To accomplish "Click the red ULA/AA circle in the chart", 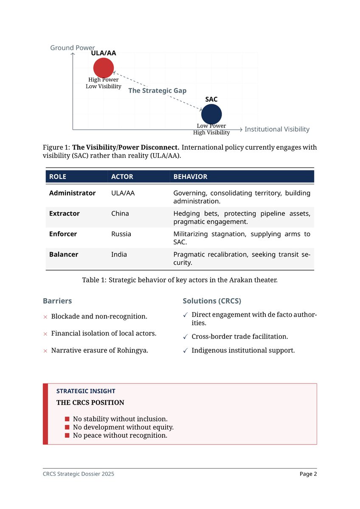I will tap(104, 68).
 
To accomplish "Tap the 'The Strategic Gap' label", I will tap(157, 91).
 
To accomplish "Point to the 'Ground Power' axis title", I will tap(73, 48).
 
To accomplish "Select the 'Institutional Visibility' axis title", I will tap(277, 129).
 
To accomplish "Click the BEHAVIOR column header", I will tap(190, 176).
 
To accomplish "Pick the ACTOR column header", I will tap(122, 176).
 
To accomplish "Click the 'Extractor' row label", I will tap(64, 213).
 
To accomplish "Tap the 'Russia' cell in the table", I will tap(121, 234).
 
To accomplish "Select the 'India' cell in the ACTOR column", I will tap(119, 255).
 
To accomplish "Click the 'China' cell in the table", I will tap(120, 213).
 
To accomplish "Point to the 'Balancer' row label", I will tap(64, 255).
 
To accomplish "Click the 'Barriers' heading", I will tap(57, 301).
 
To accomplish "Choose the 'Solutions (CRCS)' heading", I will tap(212, 301).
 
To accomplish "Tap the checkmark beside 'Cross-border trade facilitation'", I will tap(185, 337).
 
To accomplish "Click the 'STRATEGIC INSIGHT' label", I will tap(86, 391).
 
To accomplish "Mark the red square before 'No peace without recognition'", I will tap(67, 436).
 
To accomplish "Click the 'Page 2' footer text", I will tap(308, 474).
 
